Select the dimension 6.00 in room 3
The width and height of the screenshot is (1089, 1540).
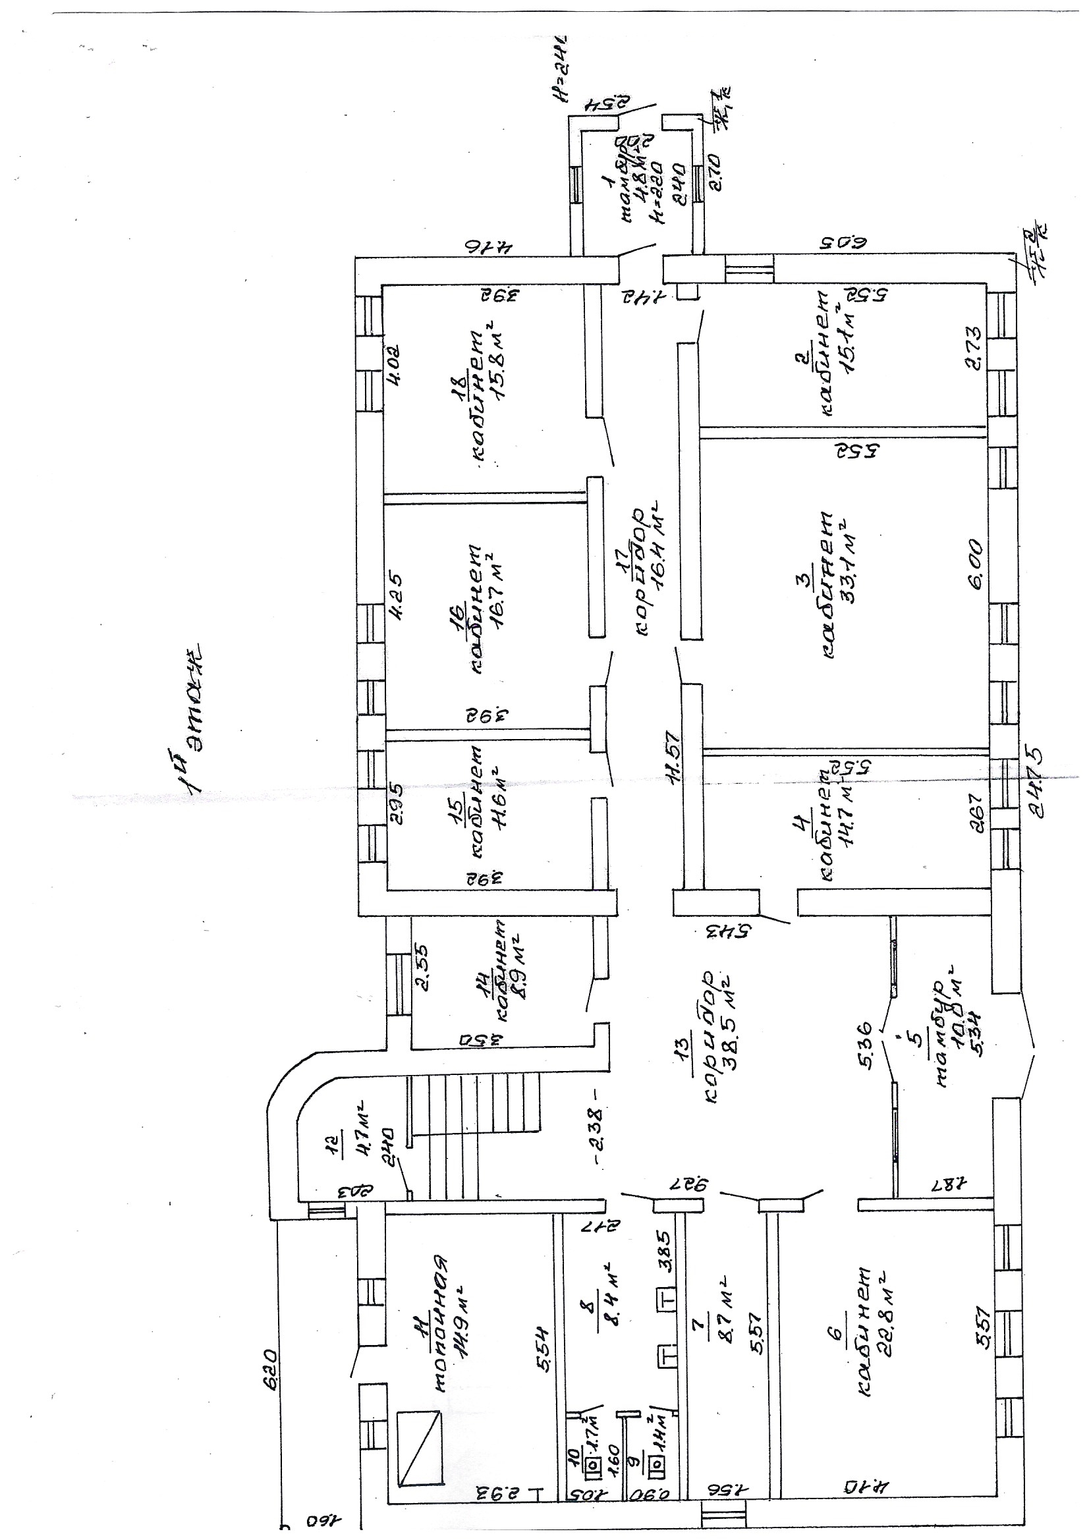coord(975,564)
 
